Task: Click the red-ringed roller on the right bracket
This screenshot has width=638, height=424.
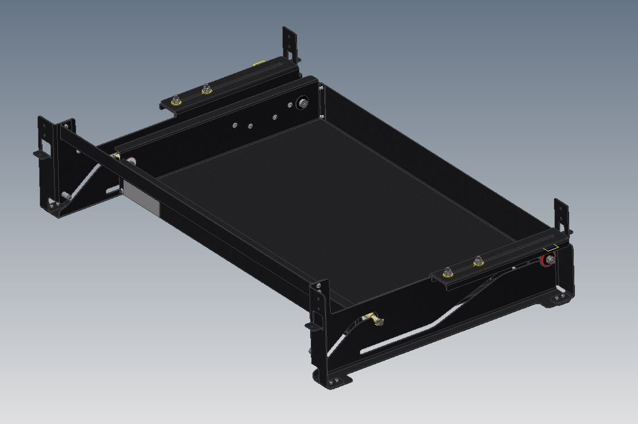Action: pos(549,262)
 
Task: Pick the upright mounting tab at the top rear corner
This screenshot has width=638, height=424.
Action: pos(290,43)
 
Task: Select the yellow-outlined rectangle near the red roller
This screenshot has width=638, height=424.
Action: pos(549,247)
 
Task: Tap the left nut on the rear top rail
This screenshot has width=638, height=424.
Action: pos(177,101)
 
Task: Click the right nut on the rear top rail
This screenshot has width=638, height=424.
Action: pos(206,89)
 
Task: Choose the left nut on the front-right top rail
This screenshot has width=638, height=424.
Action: pos(448,271)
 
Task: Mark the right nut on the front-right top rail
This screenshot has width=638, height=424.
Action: pos(478,260)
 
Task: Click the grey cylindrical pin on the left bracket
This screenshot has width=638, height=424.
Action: pos(65,196)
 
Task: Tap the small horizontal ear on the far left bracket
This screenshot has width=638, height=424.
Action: pos(40,154)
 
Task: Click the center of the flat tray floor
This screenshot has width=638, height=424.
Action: pos(330,210)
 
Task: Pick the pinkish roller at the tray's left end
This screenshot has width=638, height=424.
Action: pos(131,162)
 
